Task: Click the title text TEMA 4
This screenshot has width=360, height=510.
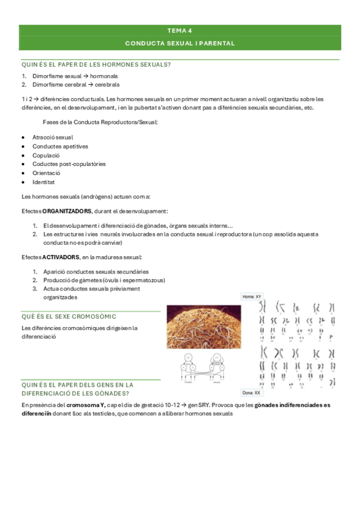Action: coord(180,30)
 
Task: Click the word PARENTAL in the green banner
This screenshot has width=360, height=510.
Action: coord(215,43)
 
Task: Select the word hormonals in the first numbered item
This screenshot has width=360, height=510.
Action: coord(104,76)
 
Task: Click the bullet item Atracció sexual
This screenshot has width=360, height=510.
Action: coord(53,137)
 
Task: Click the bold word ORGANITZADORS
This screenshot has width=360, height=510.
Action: coord(67,211)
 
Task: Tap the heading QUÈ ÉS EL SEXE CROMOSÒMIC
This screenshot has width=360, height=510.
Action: coord(69,316)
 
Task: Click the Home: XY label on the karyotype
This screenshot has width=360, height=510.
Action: coord(251,296)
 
